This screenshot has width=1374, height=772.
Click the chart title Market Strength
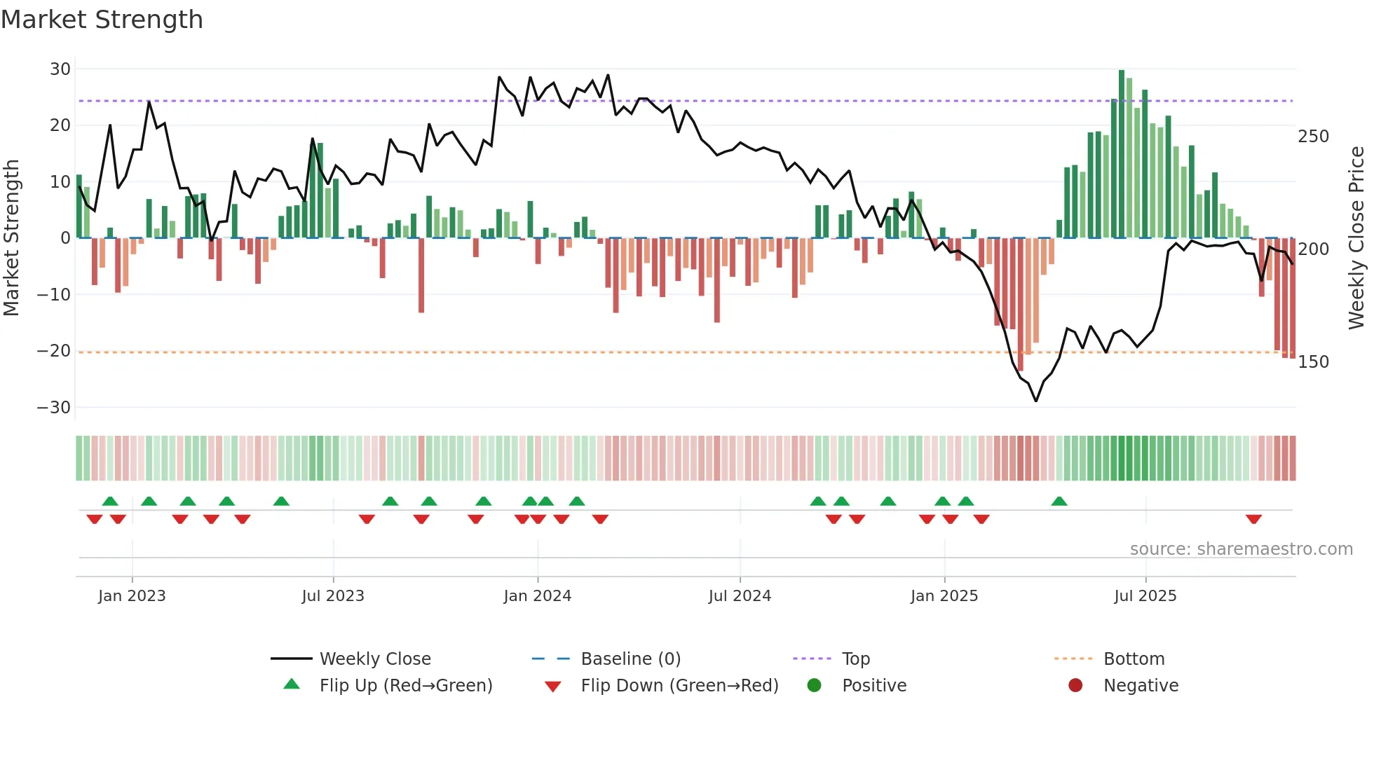102,20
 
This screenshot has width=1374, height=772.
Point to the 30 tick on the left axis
60,69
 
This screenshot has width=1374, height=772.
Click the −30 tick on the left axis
54,408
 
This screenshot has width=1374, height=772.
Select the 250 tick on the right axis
1313,137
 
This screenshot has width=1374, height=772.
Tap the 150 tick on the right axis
1313,362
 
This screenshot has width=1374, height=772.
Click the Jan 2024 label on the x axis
538,596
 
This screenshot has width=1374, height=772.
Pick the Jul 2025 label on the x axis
1145,596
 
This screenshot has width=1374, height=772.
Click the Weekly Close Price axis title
1356,238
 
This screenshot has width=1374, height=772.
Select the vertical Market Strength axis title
12,238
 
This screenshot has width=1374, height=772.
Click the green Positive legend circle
814,685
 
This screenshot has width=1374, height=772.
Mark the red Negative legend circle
1075,685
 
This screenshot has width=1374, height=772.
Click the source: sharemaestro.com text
1241,549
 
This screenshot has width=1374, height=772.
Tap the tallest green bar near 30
1122,154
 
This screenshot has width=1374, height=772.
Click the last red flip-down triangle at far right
1254,519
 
